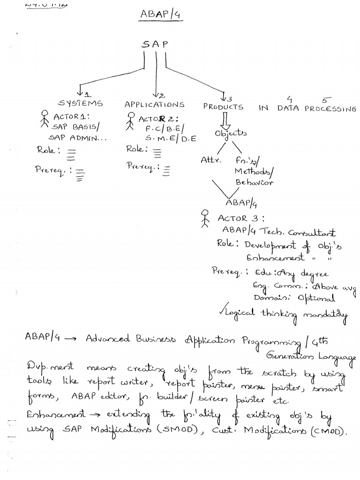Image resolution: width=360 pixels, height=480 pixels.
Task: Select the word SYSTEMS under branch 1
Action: click(x=80, y=104)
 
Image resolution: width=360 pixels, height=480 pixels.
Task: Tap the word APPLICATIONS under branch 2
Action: click(x=154, y=105)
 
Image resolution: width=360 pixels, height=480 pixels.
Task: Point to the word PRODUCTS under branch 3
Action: click(x=224, y=107)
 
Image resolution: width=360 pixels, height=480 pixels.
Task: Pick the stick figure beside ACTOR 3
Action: click(x=204, y=219)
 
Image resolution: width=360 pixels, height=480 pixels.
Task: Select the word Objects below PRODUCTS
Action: click(x=231, y=134)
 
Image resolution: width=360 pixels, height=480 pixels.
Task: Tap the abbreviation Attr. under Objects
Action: click(x=210, y=160)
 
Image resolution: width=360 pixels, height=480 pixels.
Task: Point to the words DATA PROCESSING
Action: click(x=317, y=109)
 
